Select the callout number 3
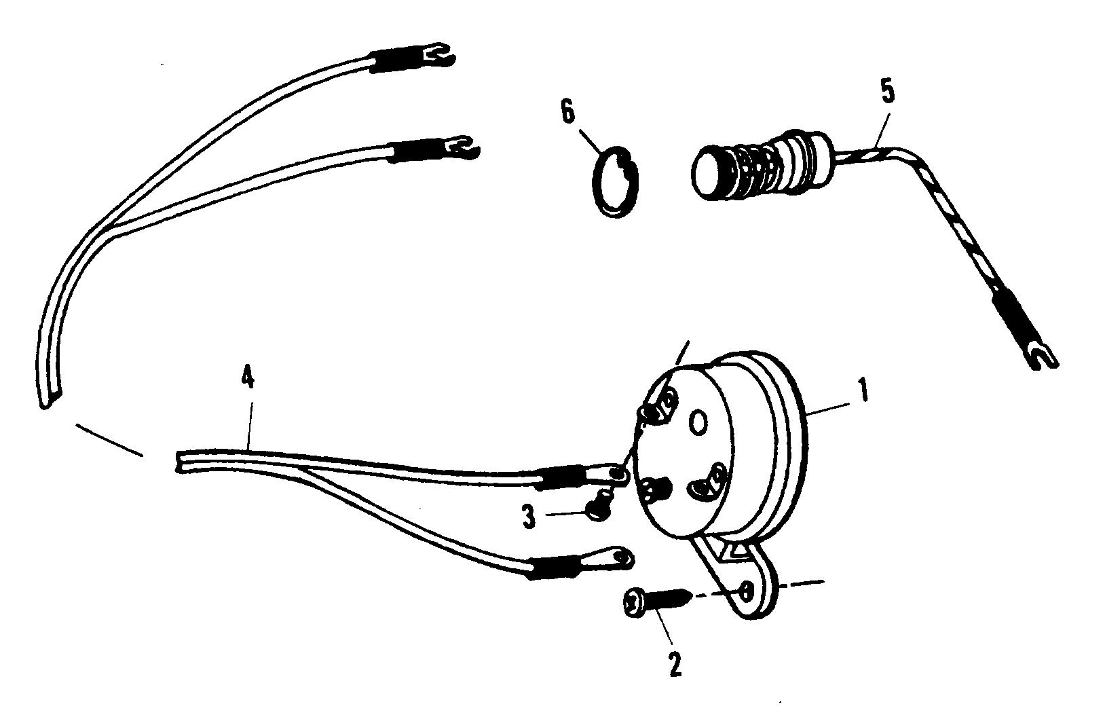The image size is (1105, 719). pos(529,517)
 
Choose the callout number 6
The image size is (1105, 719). pos(568,112)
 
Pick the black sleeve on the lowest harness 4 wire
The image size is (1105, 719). pos(550,565)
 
